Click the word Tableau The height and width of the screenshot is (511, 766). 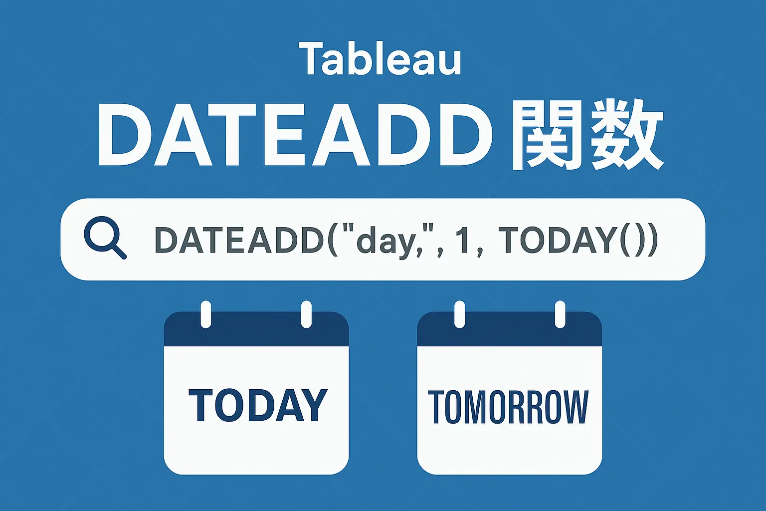(x=380, y=59)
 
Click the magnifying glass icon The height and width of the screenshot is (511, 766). (x=104, y=237)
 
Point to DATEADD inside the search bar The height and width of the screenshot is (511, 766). (x=238, y=240)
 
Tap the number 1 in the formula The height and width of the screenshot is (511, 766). (x=464, y=240)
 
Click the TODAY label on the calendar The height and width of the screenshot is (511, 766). (x=258, y=405)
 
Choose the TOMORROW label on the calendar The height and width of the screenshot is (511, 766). (x=508, y=407)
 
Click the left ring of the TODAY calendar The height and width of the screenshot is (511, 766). (x=205, y=314)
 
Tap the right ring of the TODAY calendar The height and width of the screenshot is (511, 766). (x=306, y=314)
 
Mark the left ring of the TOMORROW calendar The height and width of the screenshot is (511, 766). (x=459, y=314)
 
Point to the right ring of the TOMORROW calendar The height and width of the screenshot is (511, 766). (x=560, y=314)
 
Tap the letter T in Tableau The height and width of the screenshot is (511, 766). (x=309, y=59)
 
